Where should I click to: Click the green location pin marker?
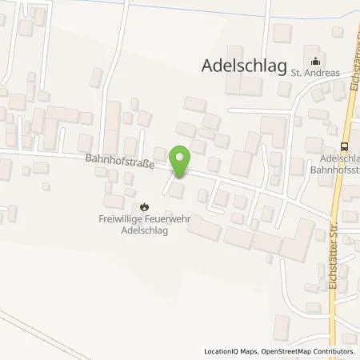coord(181,159)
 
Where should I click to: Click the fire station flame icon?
coord(146,206)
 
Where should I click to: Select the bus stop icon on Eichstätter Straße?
coord(345,146)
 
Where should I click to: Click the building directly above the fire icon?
coord(129,191)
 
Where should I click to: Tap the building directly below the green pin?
coord(177,190)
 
